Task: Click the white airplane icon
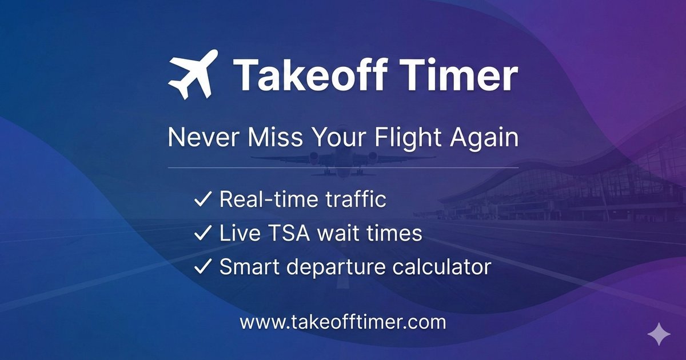pyautogui.click(x=193, y=74)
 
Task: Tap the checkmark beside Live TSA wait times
pyautogui.click(x=203, y=233)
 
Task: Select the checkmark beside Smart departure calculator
pyautogui.click(x=203, y=266)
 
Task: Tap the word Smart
pyautogui.click(x=248, y=266)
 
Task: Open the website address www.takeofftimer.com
pyautogui.click(x=342, y=322)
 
